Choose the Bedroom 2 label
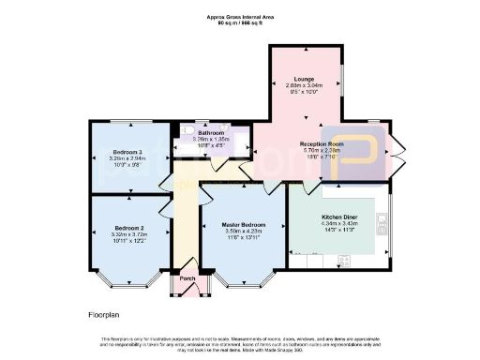(128, 228)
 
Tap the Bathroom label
(210, 133)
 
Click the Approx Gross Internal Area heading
(239, 16)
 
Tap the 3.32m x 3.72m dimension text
(128, 234)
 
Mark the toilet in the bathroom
(187, 130)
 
